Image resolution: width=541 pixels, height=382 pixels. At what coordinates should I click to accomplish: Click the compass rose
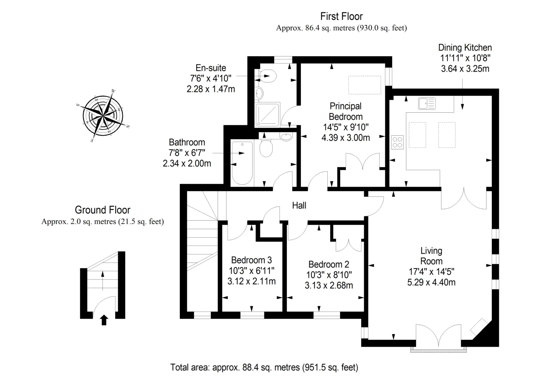point(103,116)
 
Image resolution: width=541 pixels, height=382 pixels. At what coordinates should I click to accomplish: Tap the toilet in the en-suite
point(267,76)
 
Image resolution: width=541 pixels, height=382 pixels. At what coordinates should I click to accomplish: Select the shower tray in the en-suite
point(267,114)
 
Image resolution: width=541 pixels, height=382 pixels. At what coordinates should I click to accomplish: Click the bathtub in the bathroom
point(242,163)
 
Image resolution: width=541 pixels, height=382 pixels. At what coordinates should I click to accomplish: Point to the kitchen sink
point(427,103)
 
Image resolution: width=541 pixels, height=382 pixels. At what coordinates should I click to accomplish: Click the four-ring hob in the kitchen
point(397,142)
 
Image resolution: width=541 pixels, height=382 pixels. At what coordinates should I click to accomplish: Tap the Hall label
point(299,206)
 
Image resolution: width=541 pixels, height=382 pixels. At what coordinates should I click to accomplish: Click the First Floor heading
point(341,16)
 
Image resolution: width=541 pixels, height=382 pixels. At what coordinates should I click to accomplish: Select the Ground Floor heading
point(103,210)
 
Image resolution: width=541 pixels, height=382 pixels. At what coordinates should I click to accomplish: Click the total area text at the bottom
point(264,367)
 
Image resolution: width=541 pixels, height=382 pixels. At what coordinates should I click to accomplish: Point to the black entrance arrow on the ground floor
point(104,320)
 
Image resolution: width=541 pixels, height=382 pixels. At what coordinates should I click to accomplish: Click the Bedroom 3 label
point(251,260)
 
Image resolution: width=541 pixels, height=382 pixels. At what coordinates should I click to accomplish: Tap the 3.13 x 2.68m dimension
point(329,285)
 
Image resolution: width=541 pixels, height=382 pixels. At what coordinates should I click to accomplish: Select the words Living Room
point(431,256)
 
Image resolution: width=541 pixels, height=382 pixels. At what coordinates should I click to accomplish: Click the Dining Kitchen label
point(465,48)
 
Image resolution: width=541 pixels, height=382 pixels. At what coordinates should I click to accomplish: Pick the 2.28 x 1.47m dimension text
point(211,89)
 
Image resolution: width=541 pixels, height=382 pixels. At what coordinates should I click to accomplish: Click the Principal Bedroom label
point(346,111)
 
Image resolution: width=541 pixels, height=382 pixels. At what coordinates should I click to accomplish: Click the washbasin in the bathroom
point(286,137)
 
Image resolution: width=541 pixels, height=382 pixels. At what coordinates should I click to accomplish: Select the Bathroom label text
point(187,142)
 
